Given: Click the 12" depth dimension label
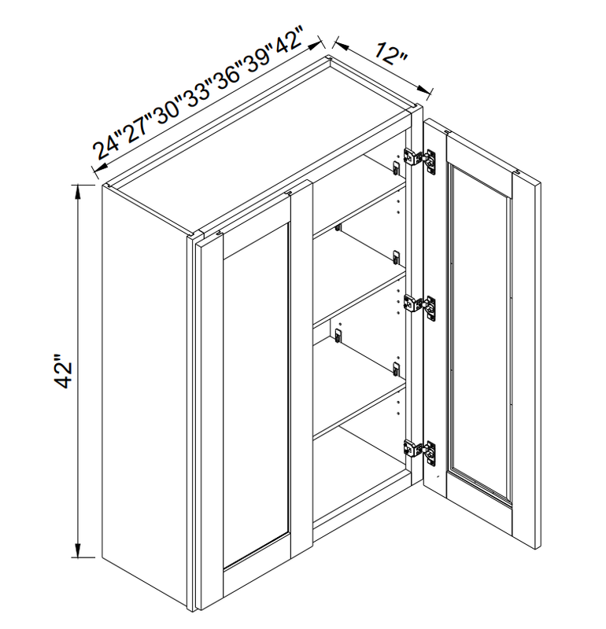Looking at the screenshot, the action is [391, 54].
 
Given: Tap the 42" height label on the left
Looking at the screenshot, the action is [63, 371].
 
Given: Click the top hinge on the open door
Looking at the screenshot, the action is [419, 160].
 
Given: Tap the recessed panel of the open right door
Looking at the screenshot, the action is [479, 333].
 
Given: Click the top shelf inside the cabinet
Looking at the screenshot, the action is [360, 208].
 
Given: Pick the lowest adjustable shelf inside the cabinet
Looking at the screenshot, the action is [360, 409].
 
